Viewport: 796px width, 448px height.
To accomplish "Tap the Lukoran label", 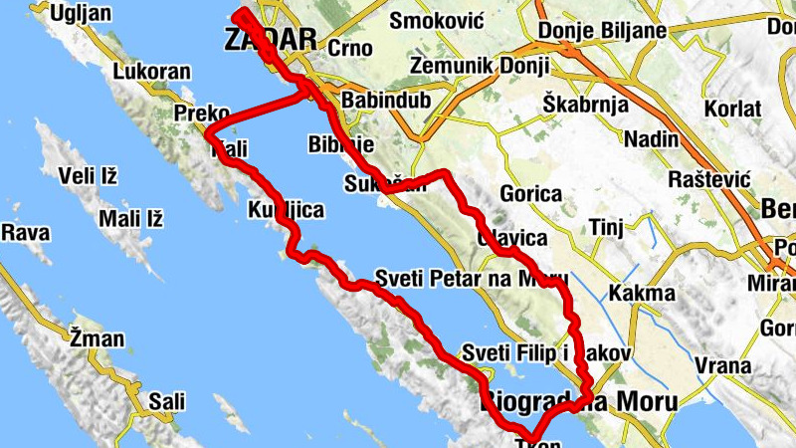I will [151, 73].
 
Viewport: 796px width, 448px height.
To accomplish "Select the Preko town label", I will [202, 112].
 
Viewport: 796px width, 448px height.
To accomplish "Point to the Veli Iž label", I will [88, 177].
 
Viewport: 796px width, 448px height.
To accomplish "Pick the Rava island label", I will [26, 232].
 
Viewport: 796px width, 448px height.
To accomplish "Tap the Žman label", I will [97, 339].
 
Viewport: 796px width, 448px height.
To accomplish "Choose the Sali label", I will [167, 401].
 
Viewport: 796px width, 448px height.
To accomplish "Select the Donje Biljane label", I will [602, 31].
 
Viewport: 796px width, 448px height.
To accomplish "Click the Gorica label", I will [531, 195].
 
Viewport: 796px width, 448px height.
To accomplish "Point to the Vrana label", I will [723, 366].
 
